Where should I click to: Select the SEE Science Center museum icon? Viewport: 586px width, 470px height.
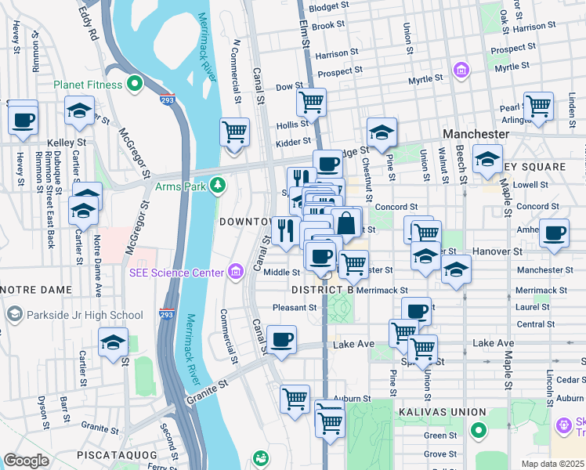tap(234, 273)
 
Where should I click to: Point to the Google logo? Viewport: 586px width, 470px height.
tap(26, 461)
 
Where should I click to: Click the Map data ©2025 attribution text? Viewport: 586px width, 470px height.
tap(552, 464)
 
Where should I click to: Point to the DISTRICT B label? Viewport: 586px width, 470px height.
tap(323, 290)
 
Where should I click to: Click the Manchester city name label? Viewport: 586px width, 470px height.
tap(476, 134)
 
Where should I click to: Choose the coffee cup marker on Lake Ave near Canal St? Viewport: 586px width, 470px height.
tap(281, 339)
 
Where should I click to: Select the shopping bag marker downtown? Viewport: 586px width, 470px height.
tap(346, 222)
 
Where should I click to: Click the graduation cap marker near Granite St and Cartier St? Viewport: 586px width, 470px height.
tap(113, 342)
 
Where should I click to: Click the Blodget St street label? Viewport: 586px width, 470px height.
tap(329, 5)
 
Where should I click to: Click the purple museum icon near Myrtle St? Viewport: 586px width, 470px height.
tap(461, 71)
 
